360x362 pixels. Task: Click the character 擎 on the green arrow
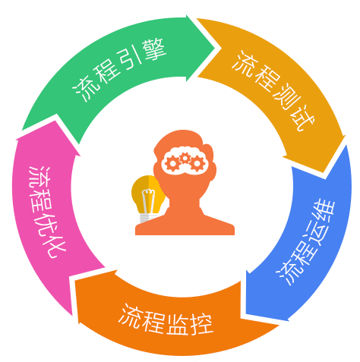(x=153, y=50)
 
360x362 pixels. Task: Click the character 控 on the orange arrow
(x=201, y=325)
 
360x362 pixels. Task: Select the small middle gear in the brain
(x=185, y=158)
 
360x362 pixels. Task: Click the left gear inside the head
(x=172, y=163)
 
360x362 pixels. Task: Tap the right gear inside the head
(x=197, y=163)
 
